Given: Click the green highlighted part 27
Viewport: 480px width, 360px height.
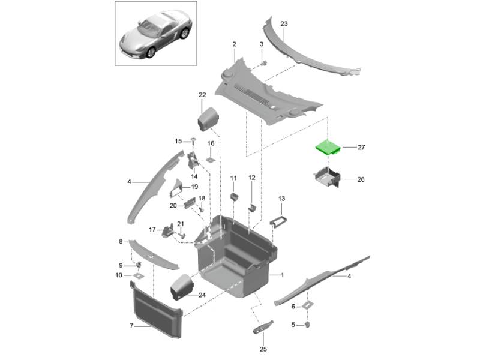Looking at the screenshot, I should click(328, 147).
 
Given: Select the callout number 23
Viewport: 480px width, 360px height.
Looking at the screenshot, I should click(284, 24).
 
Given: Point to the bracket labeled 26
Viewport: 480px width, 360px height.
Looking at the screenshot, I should click(326, 178).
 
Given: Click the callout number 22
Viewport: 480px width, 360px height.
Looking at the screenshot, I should click(202, 95).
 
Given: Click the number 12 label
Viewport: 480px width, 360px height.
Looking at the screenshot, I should click(252, 178).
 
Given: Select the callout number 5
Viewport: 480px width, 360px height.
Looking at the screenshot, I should click(293, 325).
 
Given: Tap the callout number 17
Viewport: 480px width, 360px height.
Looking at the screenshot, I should click(152, 229).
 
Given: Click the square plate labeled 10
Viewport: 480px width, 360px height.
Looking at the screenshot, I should click(137, 277).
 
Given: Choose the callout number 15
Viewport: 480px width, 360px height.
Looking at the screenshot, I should click(178, 141).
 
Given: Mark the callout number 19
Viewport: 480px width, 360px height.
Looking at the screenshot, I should click(194, 187).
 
